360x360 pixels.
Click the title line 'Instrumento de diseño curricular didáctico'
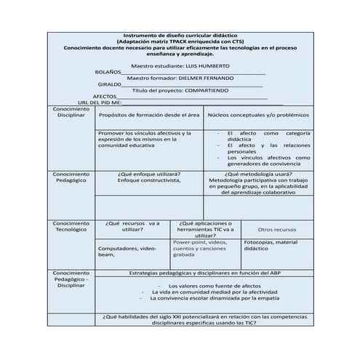pyautogui.click(x=180, y=35)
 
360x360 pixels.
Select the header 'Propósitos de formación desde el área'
pyautogui.click(x=149, y=115)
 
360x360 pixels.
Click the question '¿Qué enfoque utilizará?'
pyautogui.click(x=149, y=175)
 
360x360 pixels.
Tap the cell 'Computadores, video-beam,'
pyautogui.click(x=128, y=252)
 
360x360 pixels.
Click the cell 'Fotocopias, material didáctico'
pyautogui.click(x=271, y=245)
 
